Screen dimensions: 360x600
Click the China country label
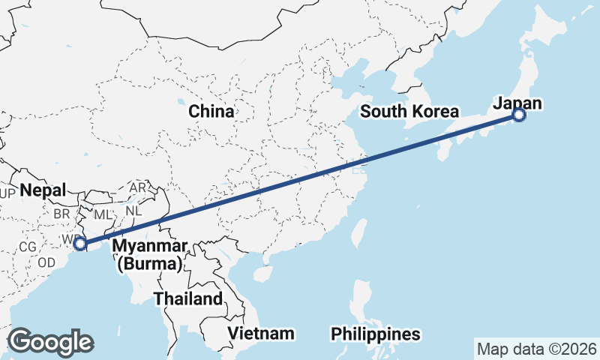coord(211,112)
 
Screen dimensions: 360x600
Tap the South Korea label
coord(409,112)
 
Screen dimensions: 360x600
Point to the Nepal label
coord(43,190)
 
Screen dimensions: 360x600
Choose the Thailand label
coord(188,298)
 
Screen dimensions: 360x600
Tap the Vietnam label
coord(262,333)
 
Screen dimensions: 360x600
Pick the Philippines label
coord(376,334)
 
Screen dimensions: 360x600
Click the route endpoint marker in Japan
coord(519,115)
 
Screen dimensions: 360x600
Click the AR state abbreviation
coord(138,187)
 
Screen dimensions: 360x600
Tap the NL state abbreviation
coord(133,211)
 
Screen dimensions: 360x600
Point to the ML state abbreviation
coord(103,214)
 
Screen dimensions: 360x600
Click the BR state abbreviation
coord(61,214)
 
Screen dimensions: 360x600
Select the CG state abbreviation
coord(28,246)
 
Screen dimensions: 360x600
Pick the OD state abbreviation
coord(46,262)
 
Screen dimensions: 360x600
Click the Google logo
coord(49,342)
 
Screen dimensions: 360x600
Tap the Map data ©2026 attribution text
coord(536,349)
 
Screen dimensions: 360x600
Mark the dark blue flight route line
coord(300,179)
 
